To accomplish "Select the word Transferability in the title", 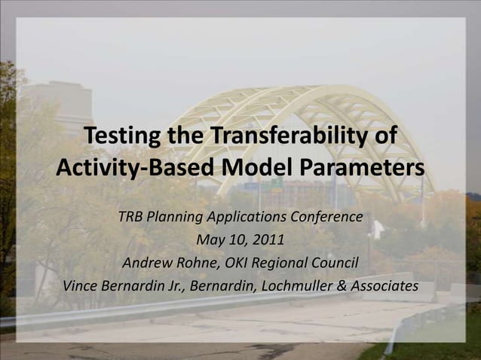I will coord(288,138).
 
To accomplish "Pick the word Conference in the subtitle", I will coord(325,218).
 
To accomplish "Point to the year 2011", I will coord(268,241).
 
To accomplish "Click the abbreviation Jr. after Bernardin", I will coord(173,287).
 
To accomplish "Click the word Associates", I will coord(384,287).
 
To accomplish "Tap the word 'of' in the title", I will coord(384,138).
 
